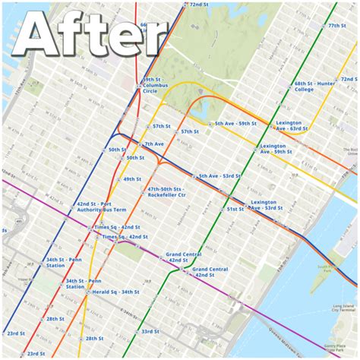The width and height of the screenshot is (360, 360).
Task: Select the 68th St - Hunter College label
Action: point(314,86)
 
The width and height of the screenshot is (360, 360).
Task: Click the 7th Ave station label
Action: point(154,144)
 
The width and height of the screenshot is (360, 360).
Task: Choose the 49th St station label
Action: point(133,179)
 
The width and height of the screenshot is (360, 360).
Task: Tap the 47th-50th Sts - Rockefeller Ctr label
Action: point(167,192)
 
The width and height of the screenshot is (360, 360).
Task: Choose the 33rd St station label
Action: point(150,331)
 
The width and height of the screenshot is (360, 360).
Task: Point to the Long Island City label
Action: point(343,308)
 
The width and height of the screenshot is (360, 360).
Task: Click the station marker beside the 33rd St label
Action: point(137,332)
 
